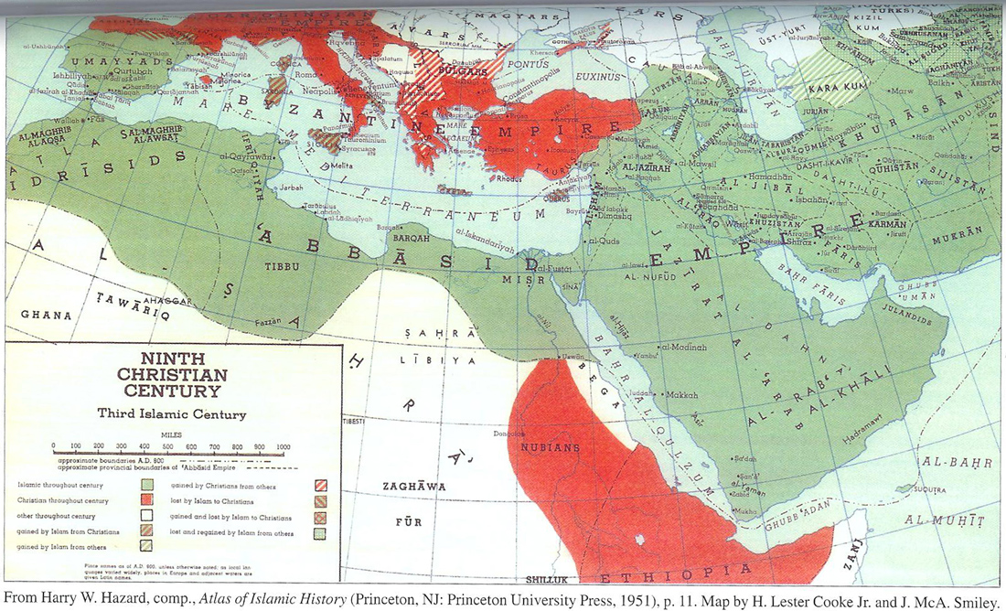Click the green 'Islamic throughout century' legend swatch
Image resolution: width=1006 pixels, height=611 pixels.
click(x=146, y=485)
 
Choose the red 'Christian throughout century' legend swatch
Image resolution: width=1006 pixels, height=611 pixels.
click(x=146, y=500)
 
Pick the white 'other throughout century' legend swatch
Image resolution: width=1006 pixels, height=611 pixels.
click(x=146, y=516)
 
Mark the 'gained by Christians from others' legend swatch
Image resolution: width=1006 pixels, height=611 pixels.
click(x=321, y=485)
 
